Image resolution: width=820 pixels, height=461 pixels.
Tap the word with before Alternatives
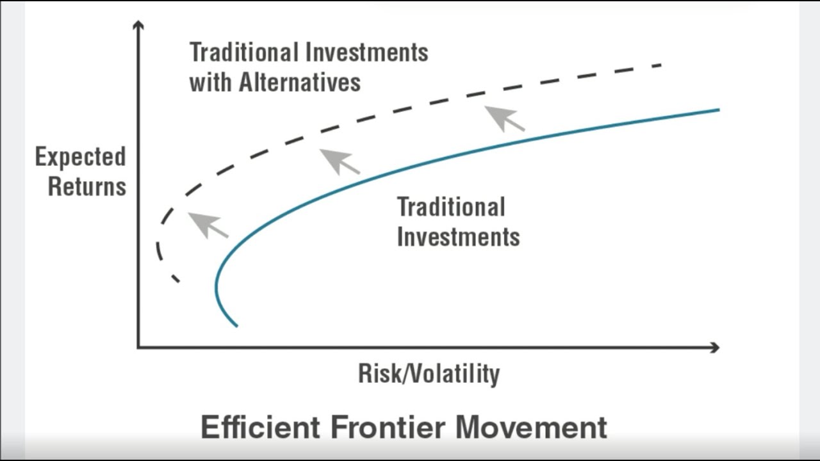[x=211, y=82]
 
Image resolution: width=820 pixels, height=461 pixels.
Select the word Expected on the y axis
[x=80, y=157]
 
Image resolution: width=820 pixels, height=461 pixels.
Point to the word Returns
[x=87, y=186]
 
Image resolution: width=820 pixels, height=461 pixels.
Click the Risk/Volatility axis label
[x=429, y=373]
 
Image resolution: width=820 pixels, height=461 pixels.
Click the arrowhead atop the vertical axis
[x=138, y=25]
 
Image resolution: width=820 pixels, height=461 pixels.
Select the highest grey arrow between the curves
[x=504, y=118]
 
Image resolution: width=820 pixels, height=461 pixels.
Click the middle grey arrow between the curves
[x=339, y=161]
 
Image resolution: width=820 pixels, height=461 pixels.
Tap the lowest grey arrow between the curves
[x=208, y=225]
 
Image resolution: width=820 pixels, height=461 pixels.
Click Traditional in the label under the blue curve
[x=451, y=207]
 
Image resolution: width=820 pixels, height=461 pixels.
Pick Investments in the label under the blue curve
[x=458, y=236]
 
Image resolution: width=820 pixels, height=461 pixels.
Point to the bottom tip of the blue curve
[x=236, y=325]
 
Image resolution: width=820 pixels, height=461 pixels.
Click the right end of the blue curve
[x=718, y=110]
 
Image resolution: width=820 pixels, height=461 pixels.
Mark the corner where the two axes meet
[x=138, y=347]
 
